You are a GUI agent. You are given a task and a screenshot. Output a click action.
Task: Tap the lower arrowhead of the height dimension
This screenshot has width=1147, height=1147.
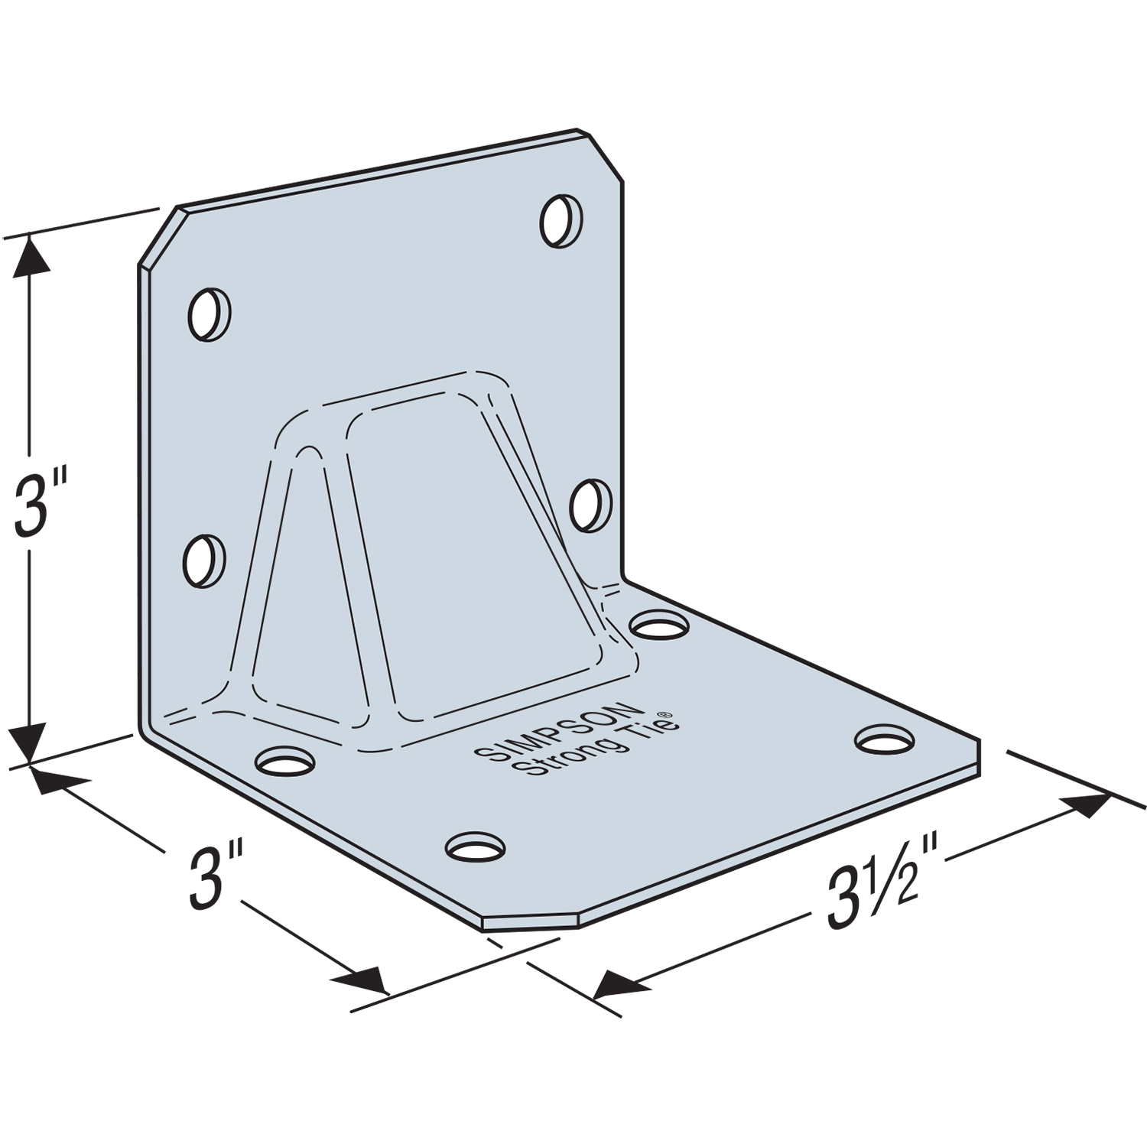tap(30, 746)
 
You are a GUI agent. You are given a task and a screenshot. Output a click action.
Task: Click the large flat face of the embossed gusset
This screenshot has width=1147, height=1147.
tap(444, 551)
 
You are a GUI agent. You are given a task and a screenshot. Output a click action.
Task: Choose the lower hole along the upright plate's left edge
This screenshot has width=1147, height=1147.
tap(205, 561)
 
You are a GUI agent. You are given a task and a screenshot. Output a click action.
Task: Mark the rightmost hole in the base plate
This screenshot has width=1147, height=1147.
tap(884, 739)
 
